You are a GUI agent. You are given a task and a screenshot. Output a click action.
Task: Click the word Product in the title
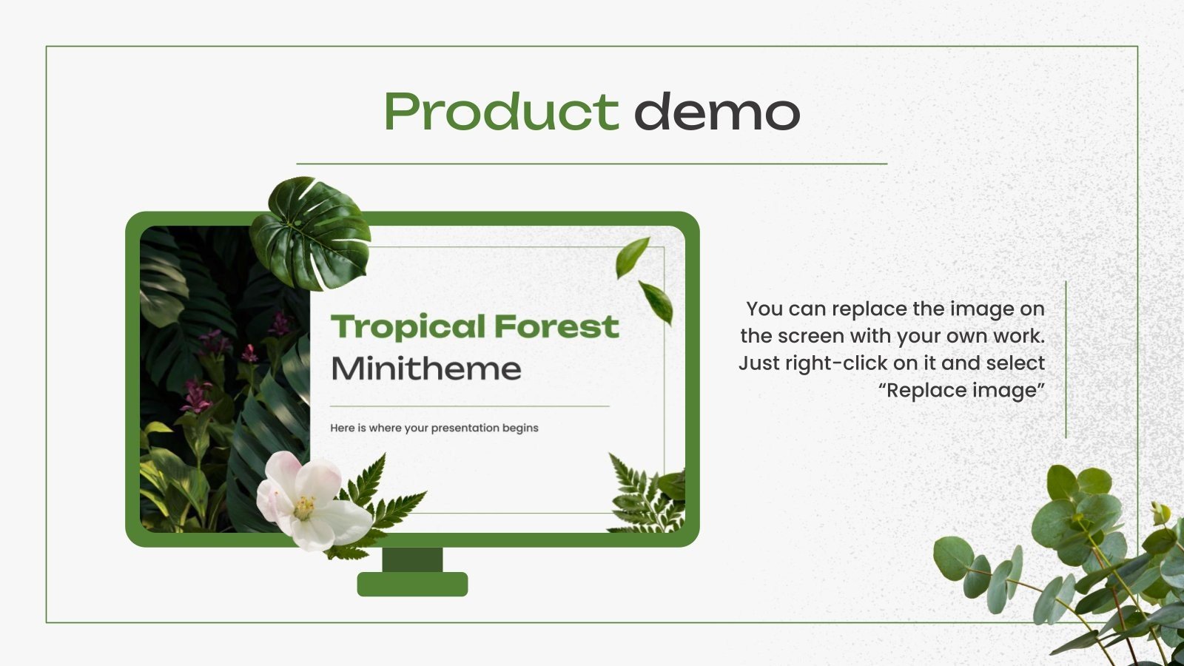pyautogui.click(x=501, y=112)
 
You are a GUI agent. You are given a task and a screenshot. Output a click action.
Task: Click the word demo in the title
pyautogui.click(x=716, y=112)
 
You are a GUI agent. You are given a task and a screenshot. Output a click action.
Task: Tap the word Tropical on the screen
pyautogui.click(x=408, y=326)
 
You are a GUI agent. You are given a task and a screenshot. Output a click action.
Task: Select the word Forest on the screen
pyautogui.click(x=556, y=326)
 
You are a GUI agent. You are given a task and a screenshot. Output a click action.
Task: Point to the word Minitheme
pyautogui.click(x=425, y=369)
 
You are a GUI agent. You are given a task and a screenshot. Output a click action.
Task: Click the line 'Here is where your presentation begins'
pyautogui.click(x=434, y=428)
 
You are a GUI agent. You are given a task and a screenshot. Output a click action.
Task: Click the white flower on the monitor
pyautogui.click(x=311, y=499)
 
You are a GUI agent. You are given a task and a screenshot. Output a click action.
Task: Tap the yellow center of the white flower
pyautogui.click(x=303, y=507)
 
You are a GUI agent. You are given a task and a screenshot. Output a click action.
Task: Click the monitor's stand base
pyautogui.click(x=412, y=584)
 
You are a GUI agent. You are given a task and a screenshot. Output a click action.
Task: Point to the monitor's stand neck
pyautogui.click(x=412, y=559)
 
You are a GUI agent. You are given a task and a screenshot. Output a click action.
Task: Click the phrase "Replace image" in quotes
pyautogui.click(x=961, y=390)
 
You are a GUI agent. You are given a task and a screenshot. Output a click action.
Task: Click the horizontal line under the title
pyautogui.click(x=592, y=164)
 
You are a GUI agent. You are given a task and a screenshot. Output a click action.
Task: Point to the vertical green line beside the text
pyautogui.click(x=1066, y=359)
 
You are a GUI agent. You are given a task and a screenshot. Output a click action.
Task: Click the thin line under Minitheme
pyautogui.click(x=469, y=406)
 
